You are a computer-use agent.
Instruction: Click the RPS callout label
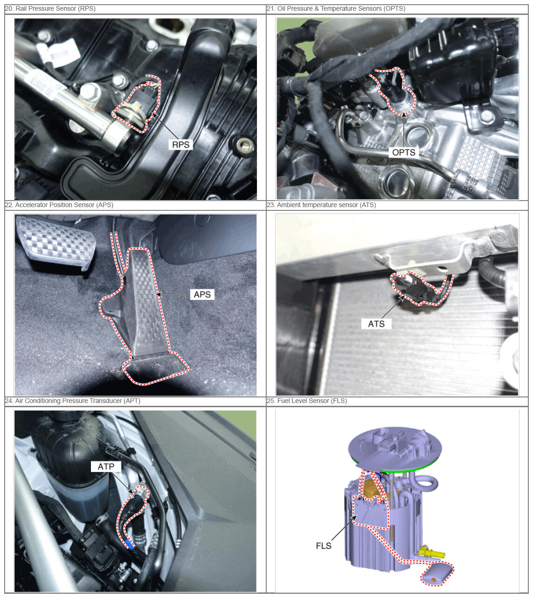coord(180,145)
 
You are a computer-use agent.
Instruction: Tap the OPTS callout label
coord(403,153)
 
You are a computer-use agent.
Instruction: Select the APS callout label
coord(202,295)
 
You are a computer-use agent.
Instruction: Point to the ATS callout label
coord(376,324)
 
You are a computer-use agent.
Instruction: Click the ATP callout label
coord(106,466)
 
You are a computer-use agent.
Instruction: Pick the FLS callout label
coord(324,546)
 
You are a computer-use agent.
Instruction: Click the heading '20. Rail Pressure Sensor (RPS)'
coord(50,8)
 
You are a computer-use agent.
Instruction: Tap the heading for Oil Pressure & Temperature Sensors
coord(336,8)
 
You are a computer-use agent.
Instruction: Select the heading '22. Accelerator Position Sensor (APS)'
coord(59,205)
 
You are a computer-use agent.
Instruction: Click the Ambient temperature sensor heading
coord(321,205)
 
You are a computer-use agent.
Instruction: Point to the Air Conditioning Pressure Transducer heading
coord(73,401)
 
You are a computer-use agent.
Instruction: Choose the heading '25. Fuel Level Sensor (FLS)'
coord(307,401)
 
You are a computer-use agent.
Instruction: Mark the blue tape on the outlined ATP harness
coord(129,544)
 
